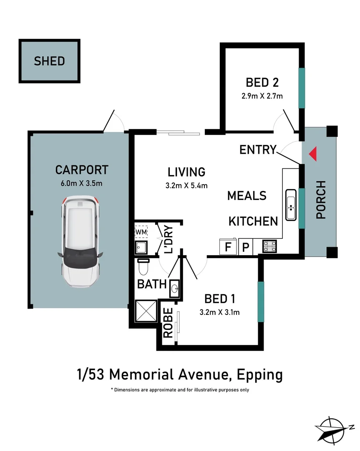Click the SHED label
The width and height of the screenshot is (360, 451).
[49, 61]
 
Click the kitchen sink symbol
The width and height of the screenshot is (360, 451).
[290, 205]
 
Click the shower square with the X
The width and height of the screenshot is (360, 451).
[146, 312]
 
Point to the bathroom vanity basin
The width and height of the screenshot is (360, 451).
[174, 287]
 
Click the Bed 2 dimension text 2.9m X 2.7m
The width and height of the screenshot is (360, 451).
[262, 96]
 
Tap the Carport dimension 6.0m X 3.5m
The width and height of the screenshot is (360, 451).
[82, 184]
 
